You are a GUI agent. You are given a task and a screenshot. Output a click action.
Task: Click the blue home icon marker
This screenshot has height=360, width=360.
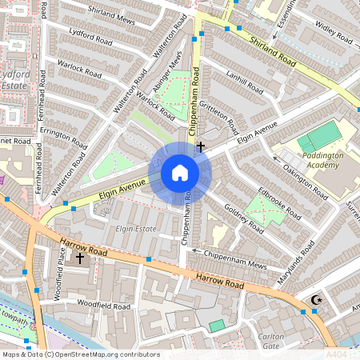pyautogui.click(x=180, y=173)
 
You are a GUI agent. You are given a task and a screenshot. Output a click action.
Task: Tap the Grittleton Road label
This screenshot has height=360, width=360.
pyautogui.click(x=221, y=117)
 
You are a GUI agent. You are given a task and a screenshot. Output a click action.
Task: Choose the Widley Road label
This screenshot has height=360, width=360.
pyautogui.click(x=334, y=37)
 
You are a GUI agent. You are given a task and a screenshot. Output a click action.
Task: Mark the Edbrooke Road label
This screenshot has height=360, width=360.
pyautogui.click(x=279, y=203)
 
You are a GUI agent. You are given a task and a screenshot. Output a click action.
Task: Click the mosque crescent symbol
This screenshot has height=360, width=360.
pyautogui.click(x=315, y=300)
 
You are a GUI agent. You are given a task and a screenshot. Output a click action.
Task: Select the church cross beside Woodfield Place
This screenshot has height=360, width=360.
pyautogui.click(x=79, y=258)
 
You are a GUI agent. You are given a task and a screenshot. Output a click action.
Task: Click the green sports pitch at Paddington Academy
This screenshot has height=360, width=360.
pyautogui.click(x=318, y=136)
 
